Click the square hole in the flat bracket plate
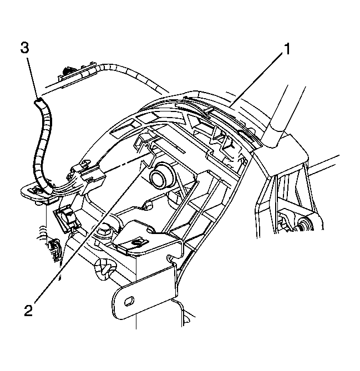click(x=136, y=242)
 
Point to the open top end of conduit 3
click(x=39, y=101)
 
